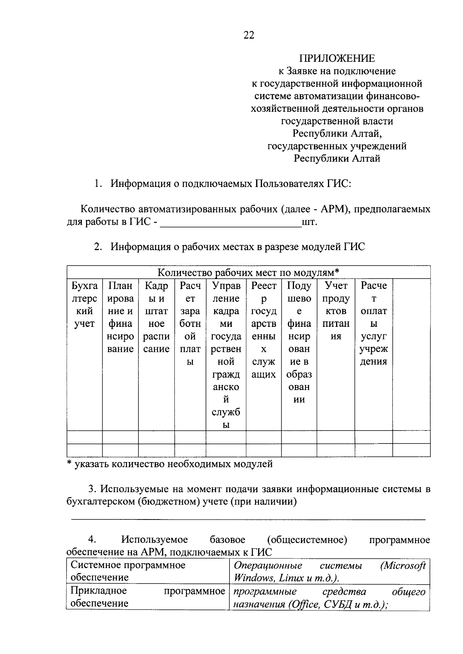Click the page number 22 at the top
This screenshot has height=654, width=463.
249,35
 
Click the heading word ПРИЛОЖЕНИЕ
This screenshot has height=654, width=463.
337,58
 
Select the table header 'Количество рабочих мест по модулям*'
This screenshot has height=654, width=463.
248,272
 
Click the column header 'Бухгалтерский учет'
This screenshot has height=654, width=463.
84,305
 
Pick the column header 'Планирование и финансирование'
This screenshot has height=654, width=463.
120,317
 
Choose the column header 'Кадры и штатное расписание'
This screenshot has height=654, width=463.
156,317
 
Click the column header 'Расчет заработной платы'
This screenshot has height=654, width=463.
190,324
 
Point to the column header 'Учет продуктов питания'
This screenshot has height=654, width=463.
336,311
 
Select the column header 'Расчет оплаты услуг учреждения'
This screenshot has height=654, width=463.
373,324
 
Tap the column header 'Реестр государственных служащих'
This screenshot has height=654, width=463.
264,330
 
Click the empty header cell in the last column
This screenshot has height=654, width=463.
411,355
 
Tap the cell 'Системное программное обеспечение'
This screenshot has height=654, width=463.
128,571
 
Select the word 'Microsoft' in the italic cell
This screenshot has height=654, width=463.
403,566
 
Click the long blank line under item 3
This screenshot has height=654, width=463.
248,520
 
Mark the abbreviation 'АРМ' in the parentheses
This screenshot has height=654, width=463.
333,209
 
